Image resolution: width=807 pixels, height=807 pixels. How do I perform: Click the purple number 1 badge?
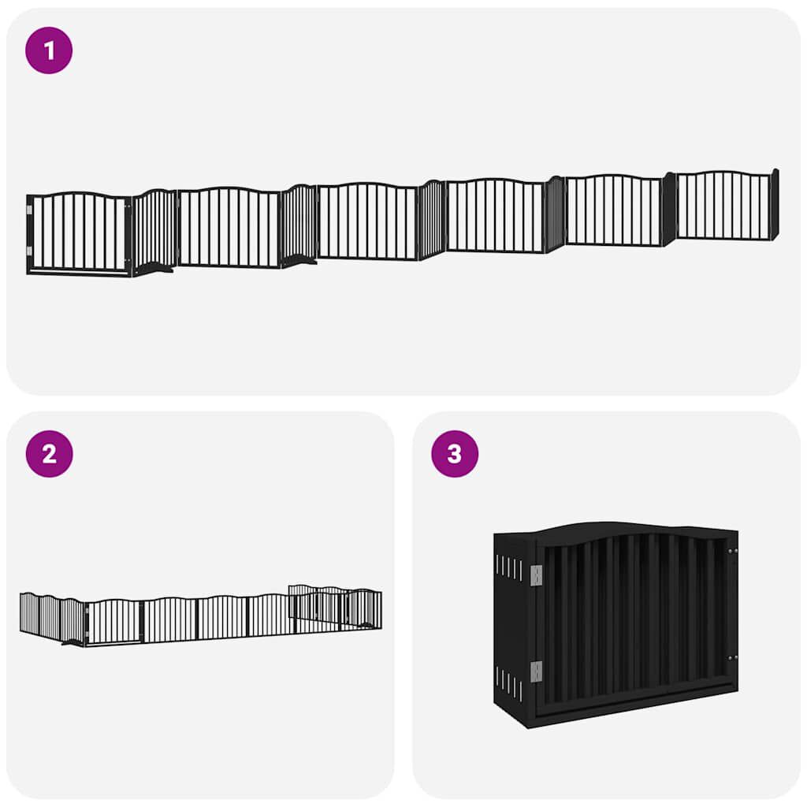[49, 50]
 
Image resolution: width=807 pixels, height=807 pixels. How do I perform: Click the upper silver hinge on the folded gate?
[537, 576]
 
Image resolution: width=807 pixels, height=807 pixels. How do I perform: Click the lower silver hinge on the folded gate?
[537, 671]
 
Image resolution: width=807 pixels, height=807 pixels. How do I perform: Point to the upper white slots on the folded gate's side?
[509, 567]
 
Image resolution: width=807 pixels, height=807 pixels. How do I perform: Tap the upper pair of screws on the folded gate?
[732, 551]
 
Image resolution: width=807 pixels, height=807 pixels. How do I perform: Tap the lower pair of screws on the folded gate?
[732, 656]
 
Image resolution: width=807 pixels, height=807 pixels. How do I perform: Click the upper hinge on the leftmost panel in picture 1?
[30, 210]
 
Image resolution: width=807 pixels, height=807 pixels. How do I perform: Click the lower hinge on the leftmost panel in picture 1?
[30, 251]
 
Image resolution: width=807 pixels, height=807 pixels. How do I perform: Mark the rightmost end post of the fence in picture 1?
[775, 204]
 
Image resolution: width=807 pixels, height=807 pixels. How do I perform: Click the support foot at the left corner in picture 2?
[72, 642]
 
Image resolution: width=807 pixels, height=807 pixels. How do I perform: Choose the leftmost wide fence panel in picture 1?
[79, 234]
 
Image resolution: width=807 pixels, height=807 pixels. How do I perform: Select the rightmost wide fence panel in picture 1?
[723, 205]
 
